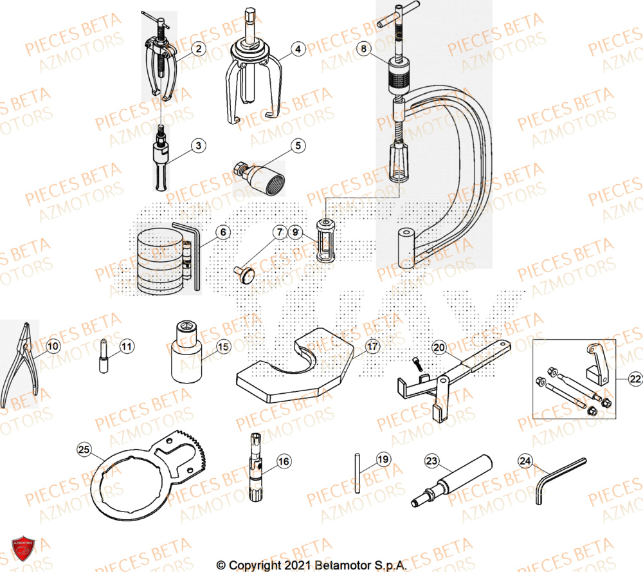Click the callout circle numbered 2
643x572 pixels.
point(199,48)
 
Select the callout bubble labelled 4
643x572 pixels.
point(298,48)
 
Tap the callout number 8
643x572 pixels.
point(365,48)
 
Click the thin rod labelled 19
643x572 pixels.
point(356,472)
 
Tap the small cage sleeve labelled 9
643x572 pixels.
point(325,240)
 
